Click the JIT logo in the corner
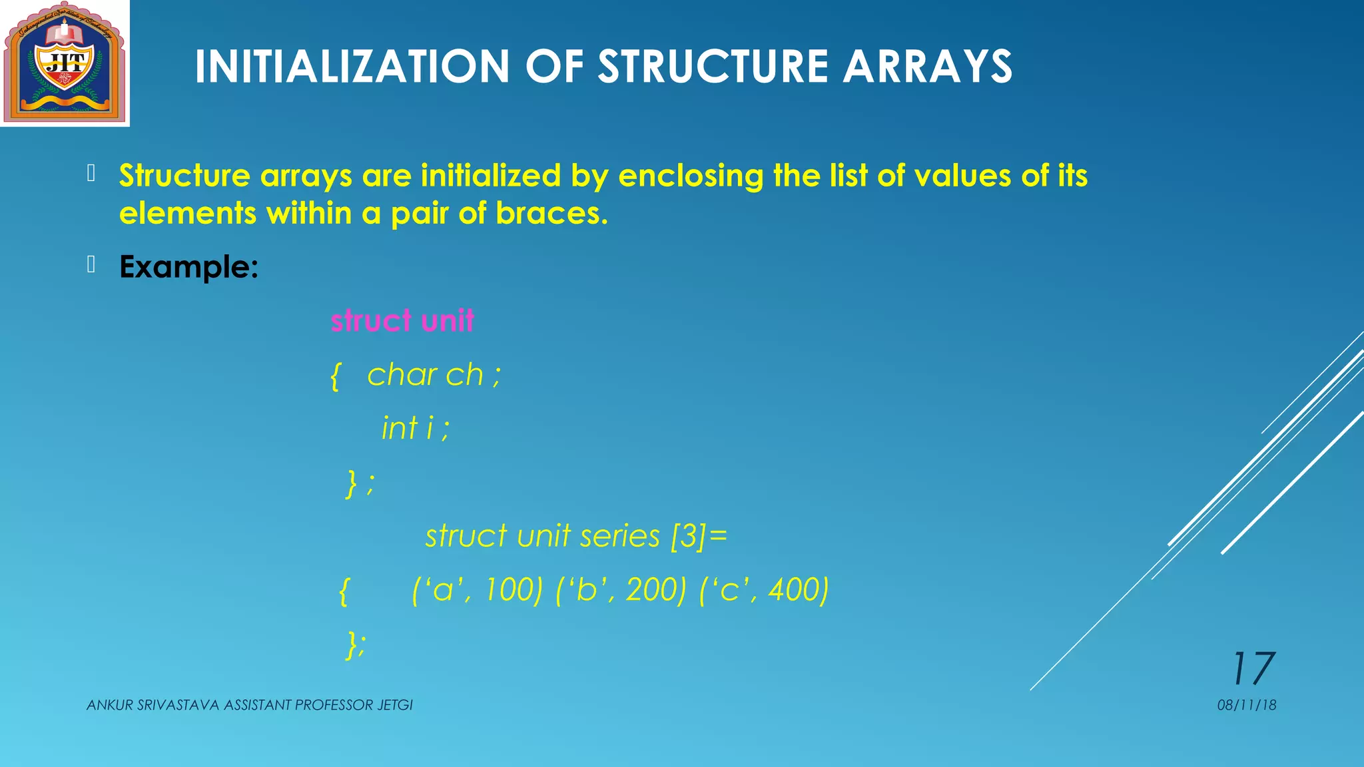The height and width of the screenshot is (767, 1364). click(x=65, y=63)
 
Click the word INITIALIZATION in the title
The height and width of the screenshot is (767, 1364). click(x=352, y=67)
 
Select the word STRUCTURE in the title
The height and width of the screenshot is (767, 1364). click(x=713, y=67)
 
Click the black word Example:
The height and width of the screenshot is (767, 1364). click(x=188, y=267)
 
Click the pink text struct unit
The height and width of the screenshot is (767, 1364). click(x=402, y=321)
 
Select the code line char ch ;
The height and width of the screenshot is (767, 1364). click(x=433, y=375)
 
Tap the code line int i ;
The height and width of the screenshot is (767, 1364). click(x=415, y=428)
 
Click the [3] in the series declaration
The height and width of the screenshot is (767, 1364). click(x=688, y=536)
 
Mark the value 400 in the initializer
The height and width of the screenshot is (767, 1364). click(x=794, y=590)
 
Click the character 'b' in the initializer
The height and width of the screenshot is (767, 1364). click(x=586, y=590)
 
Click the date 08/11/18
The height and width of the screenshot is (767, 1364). click(x=1246, y=705)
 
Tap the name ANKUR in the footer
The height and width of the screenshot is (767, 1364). click(x=110, y=705)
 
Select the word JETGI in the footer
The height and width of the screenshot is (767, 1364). click(x=395, y=705)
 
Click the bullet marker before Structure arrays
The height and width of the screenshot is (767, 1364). click(x=91, y=174)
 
